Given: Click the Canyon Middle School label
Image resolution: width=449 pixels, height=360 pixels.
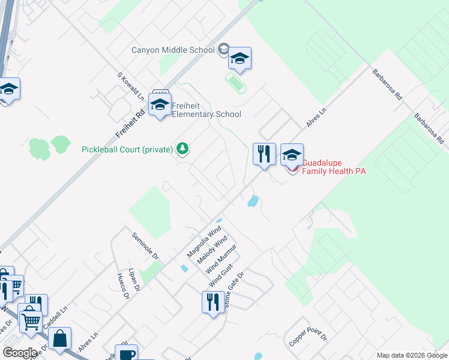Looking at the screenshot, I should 173,50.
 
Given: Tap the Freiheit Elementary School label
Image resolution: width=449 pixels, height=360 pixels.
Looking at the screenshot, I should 206,110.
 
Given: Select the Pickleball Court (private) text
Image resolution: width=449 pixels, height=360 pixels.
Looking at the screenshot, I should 127,149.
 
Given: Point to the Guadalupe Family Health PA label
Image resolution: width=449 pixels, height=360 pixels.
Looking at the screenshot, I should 333,167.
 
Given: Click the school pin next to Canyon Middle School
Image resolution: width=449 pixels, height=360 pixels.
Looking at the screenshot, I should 240,59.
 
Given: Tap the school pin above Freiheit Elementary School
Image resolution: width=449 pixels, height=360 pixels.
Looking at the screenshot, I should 160,105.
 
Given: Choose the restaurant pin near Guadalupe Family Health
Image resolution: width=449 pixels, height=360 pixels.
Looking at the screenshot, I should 264,154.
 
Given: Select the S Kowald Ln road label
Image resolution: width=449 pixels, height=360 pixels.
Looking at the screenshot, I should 131,86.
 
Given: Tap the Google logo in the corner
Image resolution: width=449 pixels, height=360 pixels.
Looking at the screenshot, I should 20,352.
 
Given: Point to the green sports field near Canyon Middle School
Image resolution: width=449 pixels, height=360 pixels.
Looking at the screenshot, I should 235,83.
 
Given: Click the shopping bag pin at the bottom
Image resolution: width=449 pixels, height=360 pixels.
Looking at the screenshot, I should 60,339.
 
